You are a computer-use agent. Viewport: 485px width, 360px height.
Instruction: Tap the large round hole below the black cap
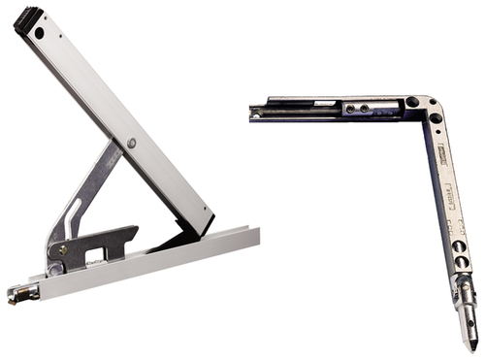(40, 33)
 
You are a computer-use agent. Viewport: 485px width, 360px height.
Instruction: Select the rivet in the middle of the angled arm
(131, 144)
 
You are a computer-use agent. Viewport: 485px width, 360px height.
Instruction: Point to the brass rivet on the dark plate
(62, 249)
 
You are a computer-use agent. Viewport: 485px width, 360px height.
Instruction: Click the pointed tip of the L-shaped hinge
(471, 344)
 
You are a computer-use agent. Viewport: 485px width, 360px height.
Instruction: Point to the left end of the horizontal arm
(255, 113)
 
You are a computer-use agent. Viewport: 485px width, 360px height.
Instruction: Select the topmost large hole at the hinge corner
(412, 102)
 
